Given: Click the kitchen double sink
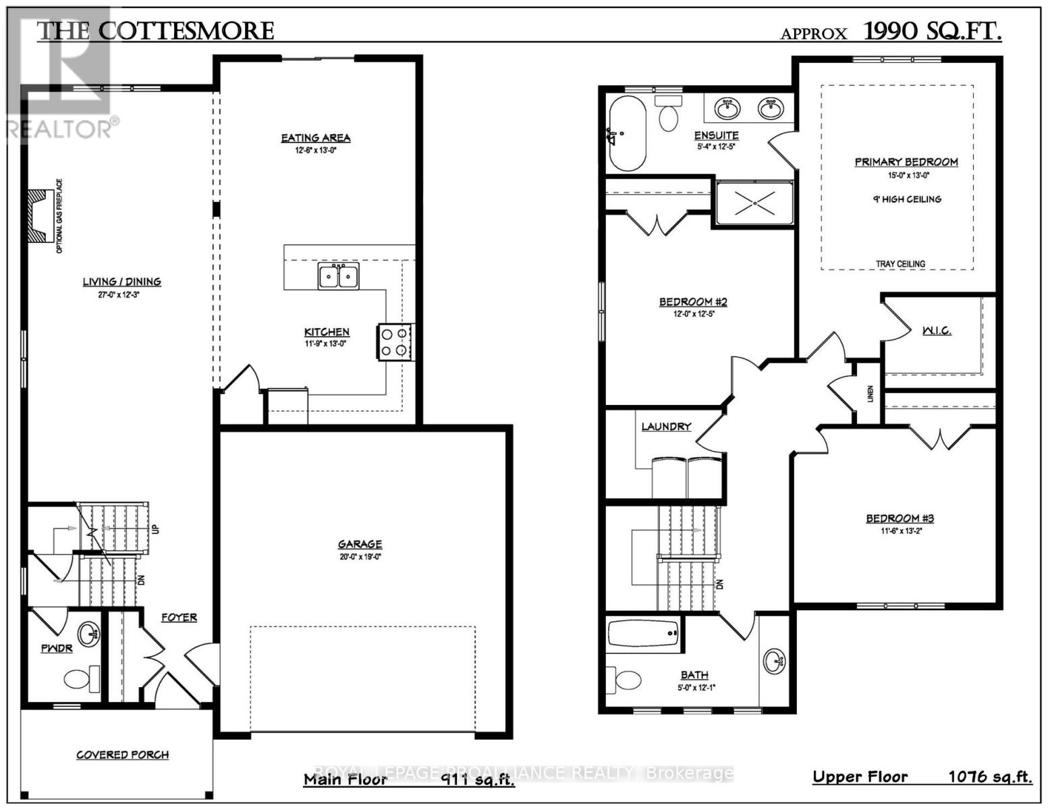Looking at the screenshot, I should (339, 276).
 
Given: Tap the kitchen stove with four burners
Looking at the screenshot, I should (395, 342).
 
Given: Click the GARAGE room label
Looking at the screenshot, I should (360, 544).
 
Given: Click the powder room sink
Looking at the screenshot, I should (88, 634).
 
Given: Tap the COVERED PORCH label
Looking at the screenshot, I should (122, 755).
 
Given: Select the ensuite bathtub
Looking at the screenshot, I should (627, 134).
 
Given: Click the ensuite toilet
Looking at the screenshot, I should (668, 114).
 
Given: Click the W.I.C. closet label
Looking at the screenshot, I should (936, 331).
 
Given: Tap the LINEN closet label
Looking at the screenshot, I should (870, 394).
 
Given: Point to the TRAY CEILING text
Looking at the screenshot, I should (900, 264).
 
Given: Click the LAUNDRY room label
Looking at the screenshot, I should (666, 427).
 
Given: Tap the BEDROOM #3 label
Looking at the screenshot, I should (900, 518).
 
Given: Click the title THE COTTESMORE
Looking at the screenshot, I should (155, 31).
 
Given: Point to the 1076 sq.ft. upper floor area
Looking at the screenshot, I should (990, 777).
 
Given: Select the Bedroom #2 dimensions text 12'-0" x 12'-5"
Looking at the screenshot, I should (693, 313).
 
